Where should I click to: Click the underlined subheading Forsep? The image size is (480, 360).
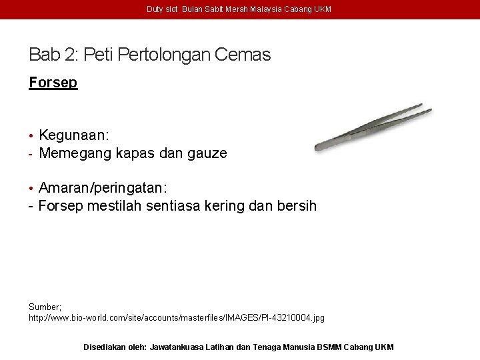coord(53,83)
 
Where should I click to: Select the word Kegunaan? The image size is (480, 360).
coord(74,135)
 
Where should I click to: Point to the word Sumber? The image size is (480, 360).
coord(44,307)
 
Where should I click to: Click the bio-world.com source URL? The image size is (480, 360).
coord(177,318)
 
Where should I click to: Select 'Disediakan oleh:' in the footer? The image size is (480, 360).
coord(115,347)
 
